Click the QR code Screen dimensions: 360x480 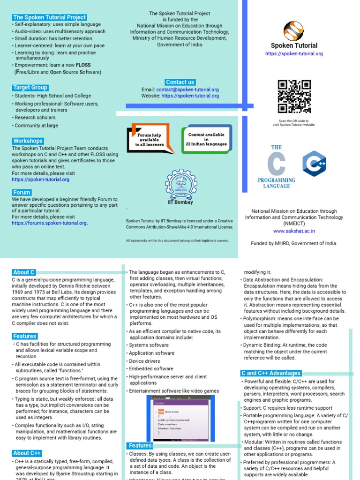pyautogui.click(x=294, y=97)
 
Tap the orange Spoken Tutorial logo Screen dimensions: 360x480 pyautogui.click(x=294, y=30)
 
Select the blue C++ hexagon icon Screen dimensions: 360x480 pyautogui.click(x=314, y=163)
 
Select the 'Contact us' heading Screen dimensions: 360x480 pyautogui.click(x=180, y=82)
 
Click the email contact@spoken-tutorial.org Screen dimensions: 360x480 pyautogui.click(x=194, y=90)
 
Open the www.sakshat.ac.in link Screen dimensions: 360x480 pyautogui.click(x=294, y=231)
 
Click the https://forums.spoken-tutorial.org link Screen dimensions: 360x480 pyautogui.click(x=49, y=223)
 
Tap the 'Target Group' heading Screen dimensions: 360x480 pyautogui.click(x=30, y=88)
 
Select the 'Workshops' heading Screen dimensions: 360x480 pyautogui.click(x=28, y=141)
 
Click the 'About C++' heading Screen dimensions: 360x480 pyautogui.click(x=28, y=453)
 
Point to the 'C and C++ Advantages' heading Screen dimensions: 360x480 pyautogui.click(x=270, y=373)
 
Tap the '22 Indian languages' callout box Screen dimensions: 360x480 pyautogui.click(x=207, y=139)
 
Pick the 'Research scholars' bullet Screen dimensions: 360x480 pyautogui.click(x=35, y=118)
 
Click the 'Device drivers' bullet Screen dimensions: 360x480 pyautogui.click(x=144, y=361)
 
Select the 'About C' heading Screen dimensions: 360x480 pyautogui.click(x=23, y=272)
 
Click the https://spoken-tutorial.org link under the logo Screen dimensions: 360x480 pyautogui.click(x=294, y=54)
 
